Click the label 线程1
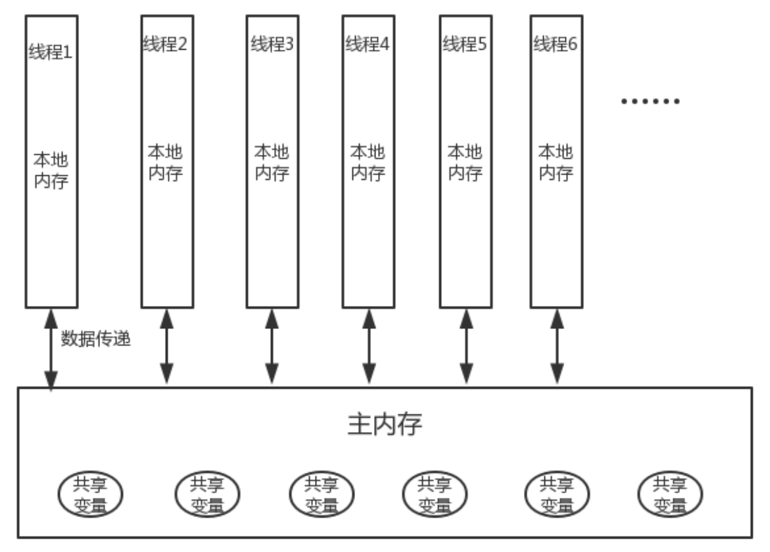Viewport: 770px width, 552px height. (51, 52)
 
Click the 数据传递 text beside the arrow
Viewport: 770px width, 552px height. (96, 339)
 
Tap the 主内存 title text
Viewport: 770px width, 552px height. (384, 424)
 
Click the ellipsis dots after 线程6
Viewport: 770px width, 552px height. (650, 101)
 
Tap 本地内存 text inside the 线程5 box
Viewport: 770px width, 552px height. (465, 163)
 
